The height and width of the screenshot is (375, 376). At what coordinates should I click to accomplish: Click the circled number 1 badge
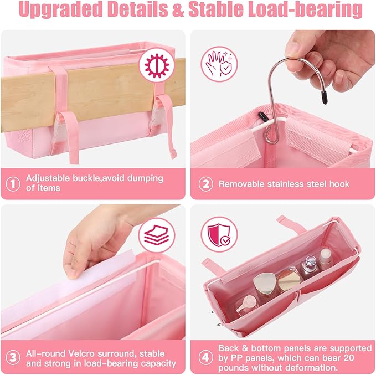[x=12, y=183]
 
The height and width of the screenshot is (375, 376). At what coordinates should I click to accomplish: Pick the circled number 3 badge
[x=12, y=358]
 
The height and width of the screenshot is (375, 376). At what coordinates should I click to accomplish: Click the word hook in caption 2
[x=337, y=183]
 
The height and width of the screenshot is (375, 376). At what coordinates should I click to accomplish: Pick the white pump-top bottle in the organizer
[x=325, y=260]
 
